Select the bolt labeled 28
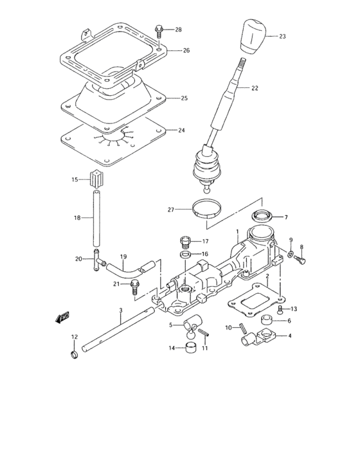(159, 31)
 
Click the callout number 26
(186, 51)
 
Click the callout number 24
(182, 130)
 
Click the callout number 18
(77, 219)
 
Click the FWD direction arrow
(62, 318)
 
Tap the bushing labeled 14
(190, 349)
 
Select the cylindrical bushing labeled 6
(266, 321)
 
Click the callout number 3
(120, 310)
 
